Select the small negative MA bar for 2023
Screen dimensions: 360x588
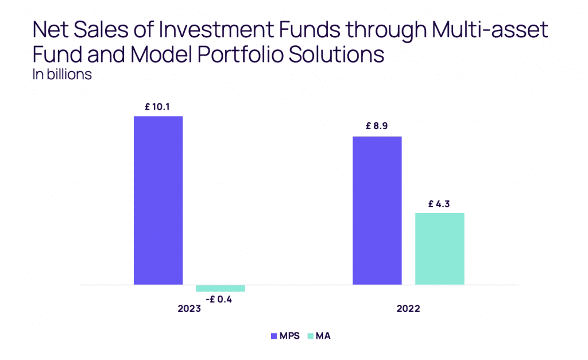pos(220,288)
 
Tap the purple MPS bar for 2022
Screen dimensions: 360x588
pos(377,210)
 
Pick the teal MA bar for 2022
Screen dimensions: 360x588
pos(439,249)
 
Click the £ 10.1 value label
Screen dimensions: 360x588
pos(158,106)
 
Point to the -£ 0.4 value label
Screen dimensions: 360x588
pos(220,299)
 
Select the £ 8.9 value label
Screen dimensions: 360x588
pos(377,126)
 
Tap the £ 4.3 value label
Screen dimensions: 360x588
pos(440,203)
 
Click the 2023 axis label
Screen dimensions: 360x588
pos(189,308)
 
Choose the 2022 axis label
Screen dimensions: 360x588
pos(408,308)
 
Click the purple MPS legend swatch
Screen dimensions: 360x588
pos(273,336)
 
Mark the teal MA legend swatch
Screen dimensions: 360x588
pos(311,336)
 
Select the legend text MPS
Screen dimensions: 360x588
pos(289,336)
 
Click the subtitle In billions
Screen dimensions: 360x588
pos(63,75)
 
